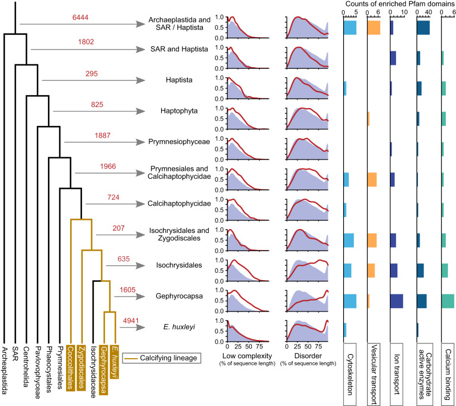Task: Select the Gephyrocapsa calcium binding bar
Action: point(448,301)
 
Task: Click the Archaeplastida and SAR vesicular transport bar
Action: point(374,27)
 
